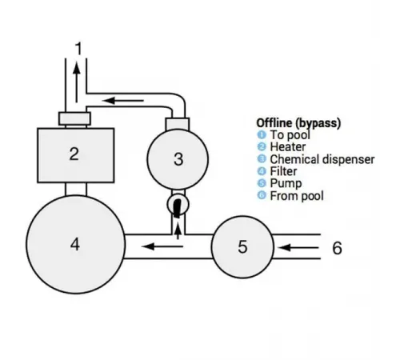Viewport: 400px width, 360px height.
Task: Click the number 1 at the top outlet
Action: pos(78,50)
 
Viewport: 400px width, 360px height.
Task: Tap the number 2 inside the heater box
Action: pos(74,154)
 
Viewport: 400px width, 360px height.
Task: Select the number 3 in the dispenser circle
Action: pos(178,159)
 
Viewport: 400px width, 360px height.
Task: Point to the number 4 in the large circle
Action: pos(75,244)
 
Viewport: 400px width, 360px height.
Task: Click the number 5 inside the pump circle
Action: pos(242,246)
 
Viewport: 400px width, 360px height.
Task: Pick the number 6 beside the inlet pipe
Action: pos(337,248)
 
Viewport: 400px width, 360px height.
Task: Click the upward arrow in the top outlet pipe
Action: pos(76,78)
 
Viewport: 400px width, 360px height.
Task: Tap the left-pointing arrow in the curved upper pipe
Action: pos(127,101)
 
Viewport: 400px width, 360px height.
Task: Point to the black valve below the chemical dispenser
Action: pos(178,206)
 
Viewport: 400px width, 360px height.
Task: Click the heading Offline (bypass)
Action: pos(298,123)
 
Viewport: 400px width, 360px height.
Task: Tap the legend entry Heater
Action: pos(288,147)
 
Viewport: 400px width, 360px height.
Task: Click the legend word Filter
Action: pos(283,171)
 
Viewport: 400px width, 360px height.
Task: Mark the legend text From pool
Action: pos(297,195)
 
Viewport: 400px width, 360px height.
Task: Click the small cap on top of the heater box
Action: pos(74,118)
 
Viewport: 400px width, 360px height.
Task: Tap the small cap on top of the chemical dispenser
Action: pos(178,123)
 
